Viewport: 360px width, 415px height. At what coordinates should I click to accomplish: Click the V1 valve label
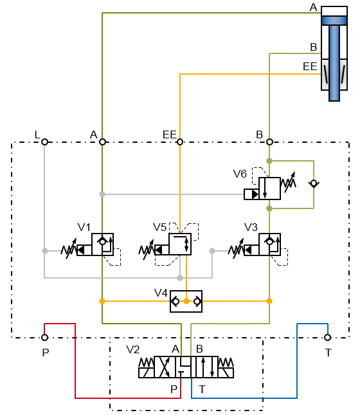coord(84,226)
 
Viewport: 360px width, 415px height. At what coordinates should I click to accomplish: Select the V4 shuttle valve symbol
coord(186,300)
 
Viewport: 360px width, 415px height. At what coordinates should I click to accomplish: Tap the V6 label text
coord(240,174)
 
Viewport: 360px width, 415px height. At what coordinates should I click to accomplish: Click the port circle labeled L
coord(44,142)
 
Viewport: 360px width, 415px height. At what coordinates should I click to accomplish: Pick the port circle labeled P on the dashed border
coord(44,337)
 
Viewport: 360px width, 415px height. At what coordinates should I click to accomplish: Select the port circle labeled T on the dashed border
coord(327,337)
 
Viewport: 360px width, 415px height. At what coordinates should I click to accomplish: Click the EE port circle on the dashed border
coord(180,142)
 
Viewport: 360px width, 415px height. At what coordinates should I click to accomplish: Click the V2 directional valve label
coord(133,349)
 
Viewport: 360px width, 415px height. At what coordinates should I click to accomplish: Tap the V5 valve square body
coord(180,244)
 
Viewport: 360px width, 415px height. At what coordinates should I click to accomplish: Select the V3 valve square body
coord(269,244)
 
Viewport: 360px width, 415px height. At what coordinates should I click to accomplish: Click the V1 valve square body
coord(102,244)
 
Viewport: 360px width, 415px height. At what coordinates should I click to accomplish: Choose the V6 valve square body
coord(269,189)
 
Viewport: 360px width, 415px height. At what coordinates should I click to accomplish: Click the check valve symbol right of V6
coord(313,183)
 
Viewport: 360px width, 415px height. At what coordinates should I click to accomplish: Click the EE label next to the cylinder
coord(310,66)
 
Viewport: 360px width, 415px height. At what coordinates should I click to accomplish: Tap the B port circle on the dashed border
coord(269,142)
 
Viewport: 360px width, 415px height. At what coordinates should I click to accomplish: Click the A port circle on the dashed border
coord(102,142)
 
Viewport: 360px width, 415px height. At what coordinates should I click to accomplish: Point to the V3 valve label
coord(251,226)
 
